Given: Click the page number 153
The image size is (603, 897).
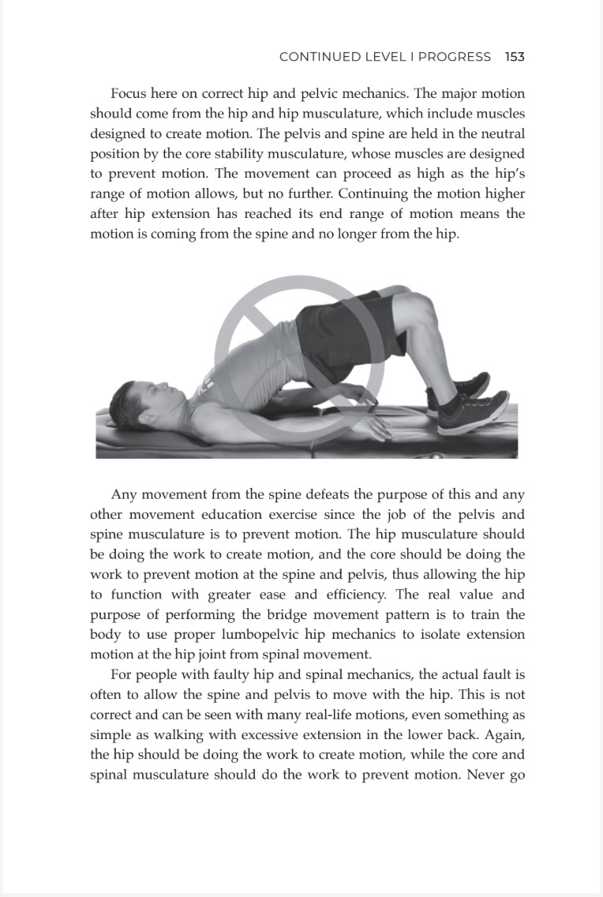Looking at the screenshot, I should [515, 57].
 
